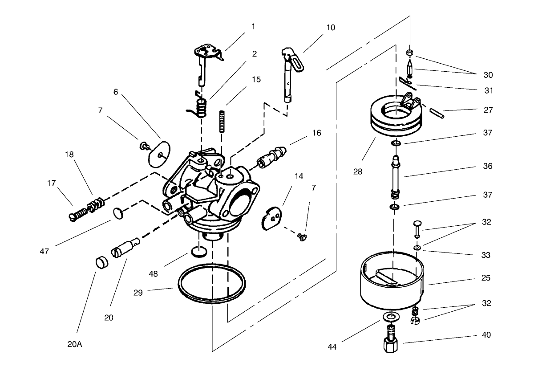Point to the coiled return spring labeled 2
(201, 107)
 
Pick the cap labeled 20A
(102, 262)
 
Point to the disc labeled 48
(199, 253)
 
